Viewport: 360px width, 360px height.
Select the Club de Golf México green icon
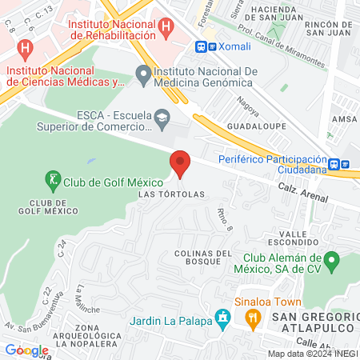[x=53, y=181]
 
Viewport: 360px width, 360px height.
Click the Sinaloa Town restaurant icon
[x=254, y=318]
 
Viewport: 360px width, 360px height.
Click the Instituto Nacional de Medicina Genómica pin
[x=144, y=77]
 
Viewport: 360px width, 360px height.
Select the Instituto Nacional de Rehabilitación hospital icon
[x=166, y=25]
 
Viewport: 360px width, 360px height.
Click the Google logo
[x=26, y=350]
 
